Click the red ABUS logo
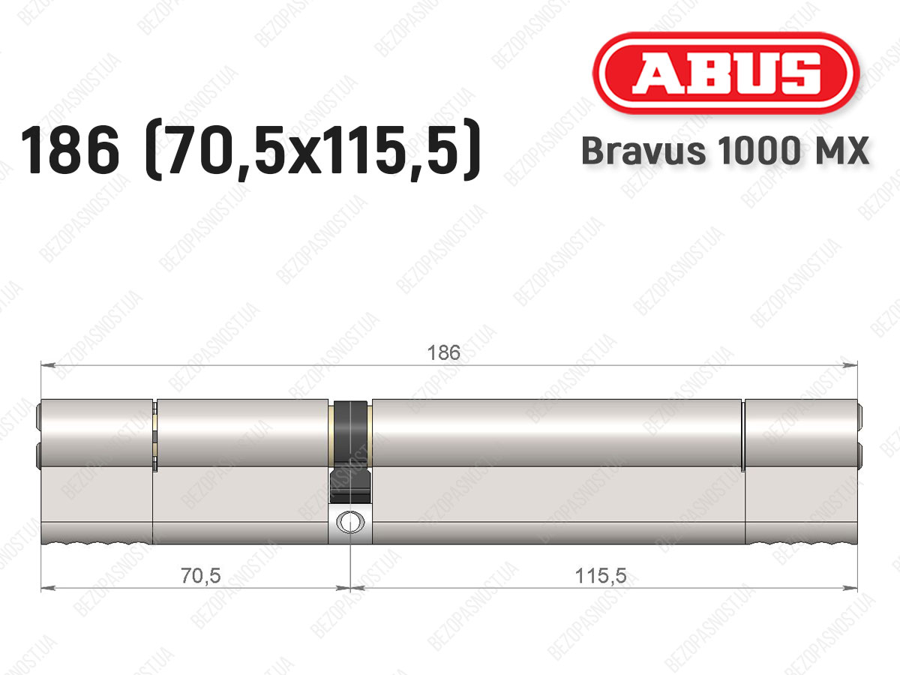pos(726,73)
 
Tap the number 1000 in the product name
pos(758,151)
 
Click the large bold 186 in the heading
pos(70,150)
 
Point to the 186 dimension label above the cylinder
pos(444,352)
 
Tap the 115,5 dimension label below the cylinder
pos(601,575)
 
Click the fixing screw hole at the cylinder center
pos(350,522)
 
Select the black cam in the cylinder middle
pos(350,451)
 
